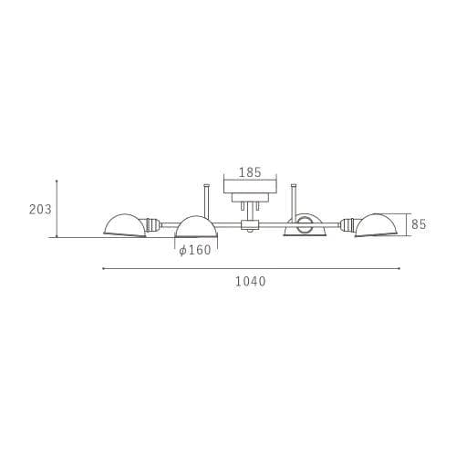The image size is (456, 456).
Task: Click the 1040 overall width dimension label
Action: [x=251, y=282]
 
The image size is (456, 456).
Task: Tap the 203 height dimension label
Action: [x=40, y=210]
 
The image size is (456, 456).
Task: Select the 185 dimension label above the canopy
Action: [x=250, y=172]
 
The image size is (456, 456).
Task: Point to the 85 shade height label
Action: [x=419, y=224]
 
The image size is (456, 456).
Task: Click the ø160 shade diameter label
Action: [x=195, y=250]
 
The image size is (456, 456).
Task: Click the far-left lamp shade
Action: [x=124, y=225]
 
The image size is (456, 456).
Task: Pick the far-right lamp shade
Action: [x=376, y=224]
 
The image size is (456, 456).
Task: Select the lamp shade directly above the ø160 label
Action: [x=197, y=227]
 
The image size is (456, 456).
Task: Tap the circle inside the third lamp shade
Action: [x=304, y=224]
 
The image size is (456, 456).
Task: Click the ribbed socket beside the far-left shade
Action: [x=153, y=224]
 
